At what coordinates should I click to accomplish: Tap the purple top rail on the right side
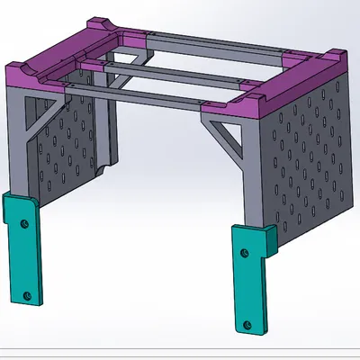tap(297, 85)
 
